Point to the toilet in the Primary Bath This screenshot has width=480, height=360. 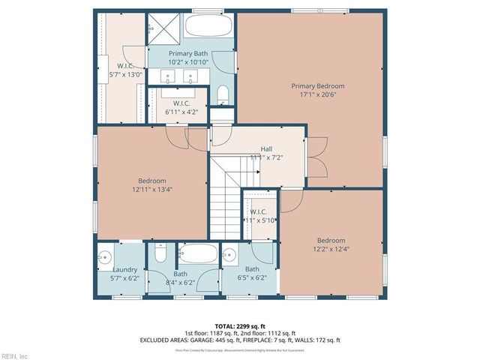(x=223, y=94)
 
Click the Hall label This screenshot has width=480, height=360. (x=266, y=153)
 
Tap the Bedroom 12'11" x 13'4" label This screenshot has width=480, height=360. (x=151, y=185)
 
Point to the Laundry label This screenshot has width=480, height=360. (x=124, y=273)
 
